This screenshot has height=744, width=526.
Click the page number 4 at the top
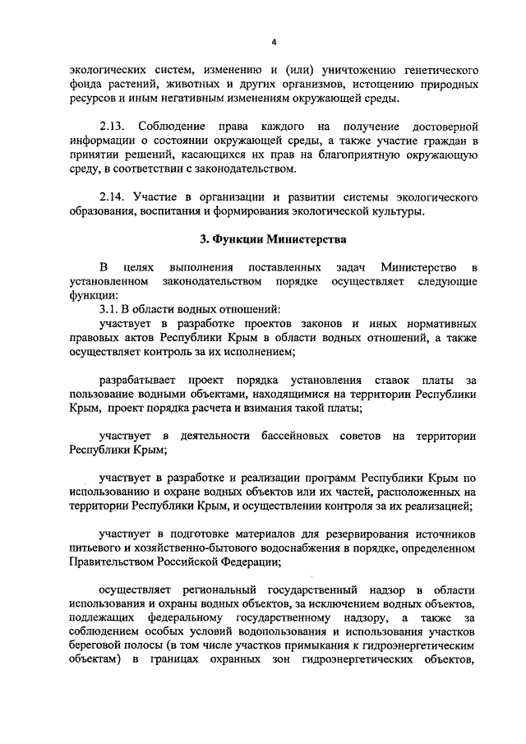tap(263, 41)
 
